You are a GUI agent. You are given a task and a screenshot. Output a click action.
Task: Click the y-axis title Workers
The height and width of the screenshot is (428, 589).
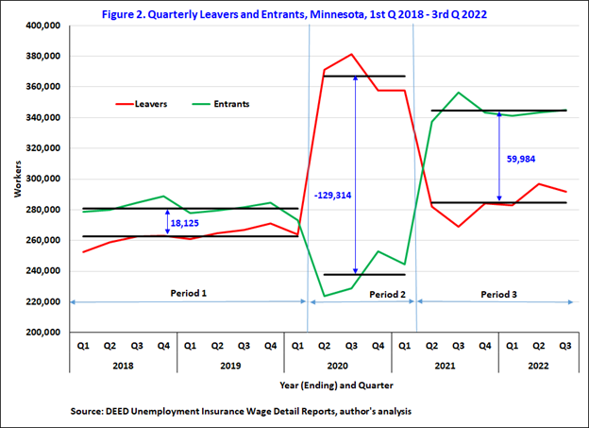16,179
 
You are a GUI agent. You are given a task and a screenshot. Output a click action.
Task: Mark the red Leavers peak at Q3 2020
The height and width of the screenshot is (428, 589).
351,55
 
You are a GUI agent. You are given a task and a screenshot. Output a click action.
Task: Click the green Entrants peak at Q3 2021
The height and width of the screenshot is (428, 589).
458,93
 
